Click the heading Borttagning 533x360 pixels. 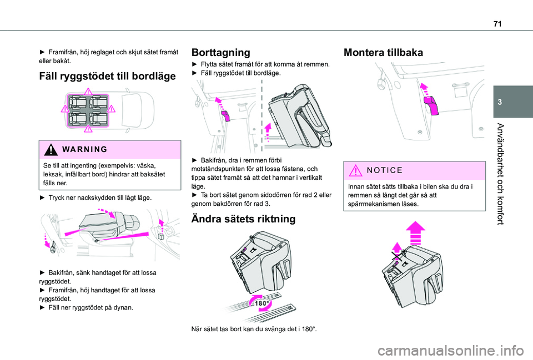tap(220, 53)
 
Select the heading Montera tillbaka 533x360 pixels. tap(383, 53)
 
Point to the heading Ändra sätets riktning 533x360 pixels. tap(243, 219)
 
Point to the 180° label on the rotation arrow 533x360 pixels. tap(262, 303)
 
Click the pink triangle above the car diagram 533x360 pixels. tap(88, 92)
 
